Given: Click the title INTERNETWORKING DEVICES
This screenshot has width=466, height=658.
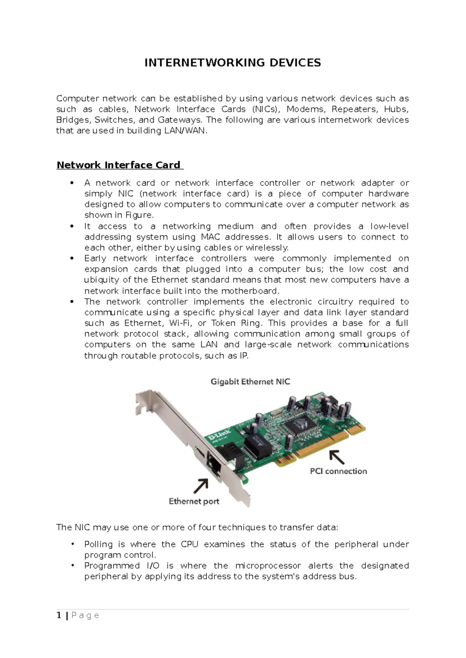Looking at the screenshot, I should click(233, 63).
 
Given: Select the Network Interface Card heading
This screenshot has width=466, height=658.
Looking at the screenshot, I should click(118, 165).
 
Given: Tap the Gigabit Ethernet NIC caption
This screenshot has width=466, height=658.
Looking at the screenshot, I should click(250, 382).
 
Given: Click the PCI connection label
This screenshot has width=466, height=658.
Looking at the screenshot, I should click(338, 471).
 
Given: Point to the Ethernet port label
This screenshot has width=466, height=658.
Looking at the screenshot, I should click(194, 501).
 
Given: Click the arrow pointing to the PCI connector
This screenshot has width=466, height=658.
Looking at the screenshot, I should click(337, 457).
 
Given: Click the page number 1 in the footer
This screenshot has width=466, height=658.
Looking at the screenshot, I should click(59, 615).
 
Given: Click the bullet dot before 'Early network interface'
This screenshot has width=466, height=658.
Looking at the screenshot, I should click(71, 258).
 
